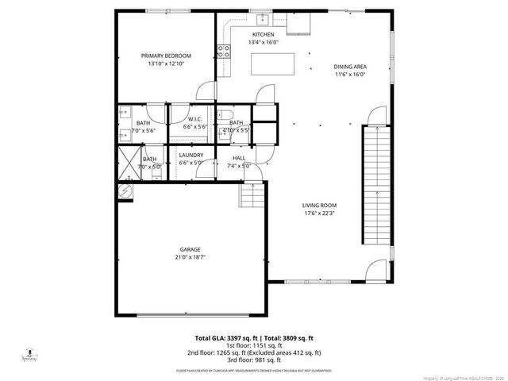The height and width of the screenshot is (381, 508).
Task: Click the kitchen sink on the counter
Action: point(260,20)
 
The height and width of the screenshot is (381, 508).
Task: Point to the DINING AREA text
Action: point(349,67)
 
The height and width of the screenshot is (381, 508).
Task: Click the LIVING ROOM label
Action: point(320,206)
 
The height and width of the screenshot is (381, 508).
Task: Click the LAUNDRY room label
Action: point(191,155)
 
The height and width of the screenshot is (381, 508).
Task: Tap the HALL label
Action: point(238,159)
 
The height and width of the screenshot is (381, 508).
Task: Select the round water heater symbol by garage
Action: point(125,191)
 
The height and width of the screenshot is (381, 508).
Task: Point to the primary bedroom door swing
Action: point(206,90)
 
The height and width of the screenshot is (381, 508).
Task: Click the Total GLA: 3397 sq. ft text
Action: point(225,337)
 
